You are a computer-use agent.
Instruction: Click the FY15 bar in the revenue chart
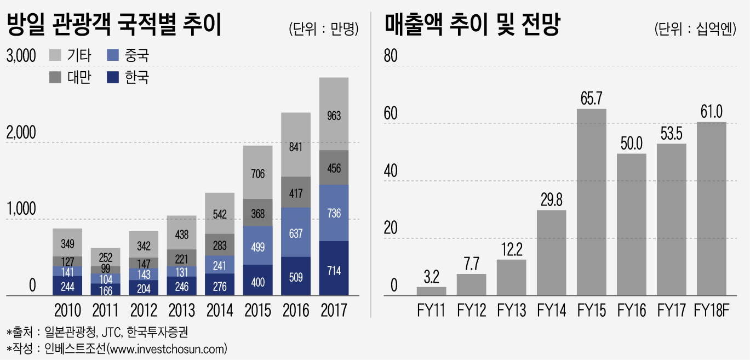click(591, 202)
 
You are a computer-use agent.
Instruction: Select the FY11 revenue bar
click(431, 291)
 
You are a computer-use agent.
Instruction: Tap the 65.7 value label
click(591, 99)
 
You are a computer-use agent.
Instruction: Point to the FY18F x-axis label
click(711, 310)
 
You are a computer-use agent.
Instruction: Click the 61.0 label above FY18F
click(711, 112)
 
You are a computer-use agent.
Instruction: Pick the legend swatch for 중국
click(113, 55)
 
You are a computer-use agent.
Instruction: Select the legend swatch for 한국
click(113, 77)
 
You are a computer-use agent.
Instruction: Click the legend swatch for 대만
click(55, 77)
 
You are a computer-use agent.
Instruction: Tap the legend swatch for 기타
click(55, 55)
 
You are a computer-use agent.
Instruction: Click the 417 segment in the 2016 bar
click(296, 192)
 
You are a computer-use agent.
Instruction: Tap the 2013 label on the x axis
click(181, 310)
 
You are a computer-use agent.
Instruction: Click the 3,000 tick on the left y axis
click(21, 55)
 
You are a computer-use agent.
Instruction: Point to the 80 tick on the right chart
click(390, 55)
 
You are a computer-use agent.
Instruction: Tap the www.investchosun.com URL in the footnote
click(167, 348)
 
